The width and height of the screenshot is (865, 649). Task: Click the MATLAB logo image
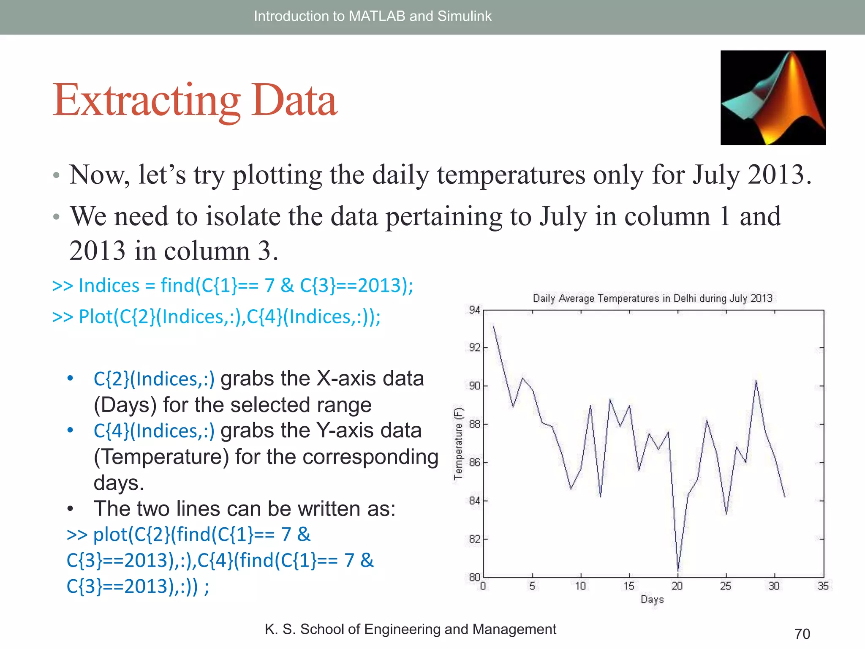click(x=773, y=98)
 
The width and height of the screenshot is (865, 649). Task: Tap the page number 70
click(x=802, y=634)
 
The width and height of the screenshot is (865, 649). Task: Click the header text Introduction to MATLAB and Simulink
click(x=373, y=16)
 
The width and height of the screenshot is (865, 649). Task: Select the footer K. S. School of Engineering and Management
click(x=410, y=629)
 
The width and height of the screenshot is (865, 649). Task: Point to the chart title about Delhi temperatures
click(x=653, y=298)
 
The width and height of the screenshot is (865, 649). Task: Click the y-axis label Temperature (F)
click(x=458, y=443)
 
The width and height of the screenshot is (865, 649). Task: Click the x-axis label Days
click(x=652, y=599)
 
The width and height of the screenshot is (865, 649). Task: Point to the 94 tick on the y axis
click(x=474, y=310)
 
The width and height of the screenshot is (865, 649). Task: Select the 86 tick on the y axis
click(x=474, y=463)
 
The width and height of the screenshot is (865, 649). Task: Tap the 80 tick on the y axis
click(x=474, y=577)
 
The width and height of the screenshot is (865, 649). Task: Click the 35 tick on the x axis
click(x=823, y=586)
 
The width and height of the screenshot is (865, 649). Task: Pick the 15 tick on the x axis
click(x=629, y=586)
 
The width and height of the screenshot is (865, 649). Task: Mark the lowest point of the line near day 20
click(x=678, y=571)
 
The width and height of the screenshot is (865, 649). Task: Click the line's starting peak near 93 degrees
click(x=493, y=326)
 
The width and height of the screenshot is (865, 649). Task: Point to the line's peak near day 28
click(x=756, y=381)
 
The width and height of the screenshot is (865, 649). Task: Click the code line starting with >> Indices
click(x=232, y=286)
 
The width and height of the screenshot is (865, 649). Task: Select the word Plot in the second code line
click(x=96, y=317)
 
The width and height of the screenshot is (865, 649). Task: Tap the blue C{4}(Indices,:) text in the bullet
click(x=154, y=431)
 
